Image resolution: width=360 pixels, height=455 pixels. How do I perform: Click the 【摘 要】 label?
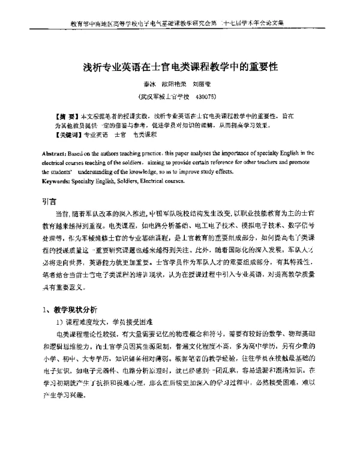point(67,114)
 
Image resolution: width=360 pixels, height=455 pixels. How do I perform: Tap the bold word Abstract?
point(56,154)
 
